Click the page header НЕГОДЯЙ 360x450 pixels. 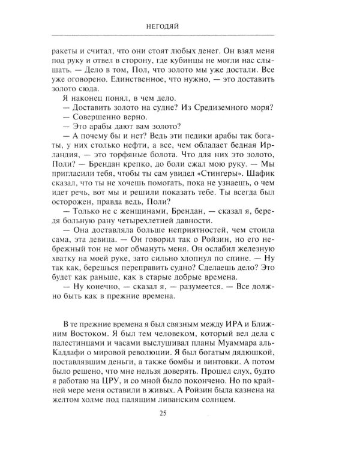pyautogui.click(x=163, y=26)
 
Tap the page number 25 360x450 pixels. pyautogui.click(x=163, y=430)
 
